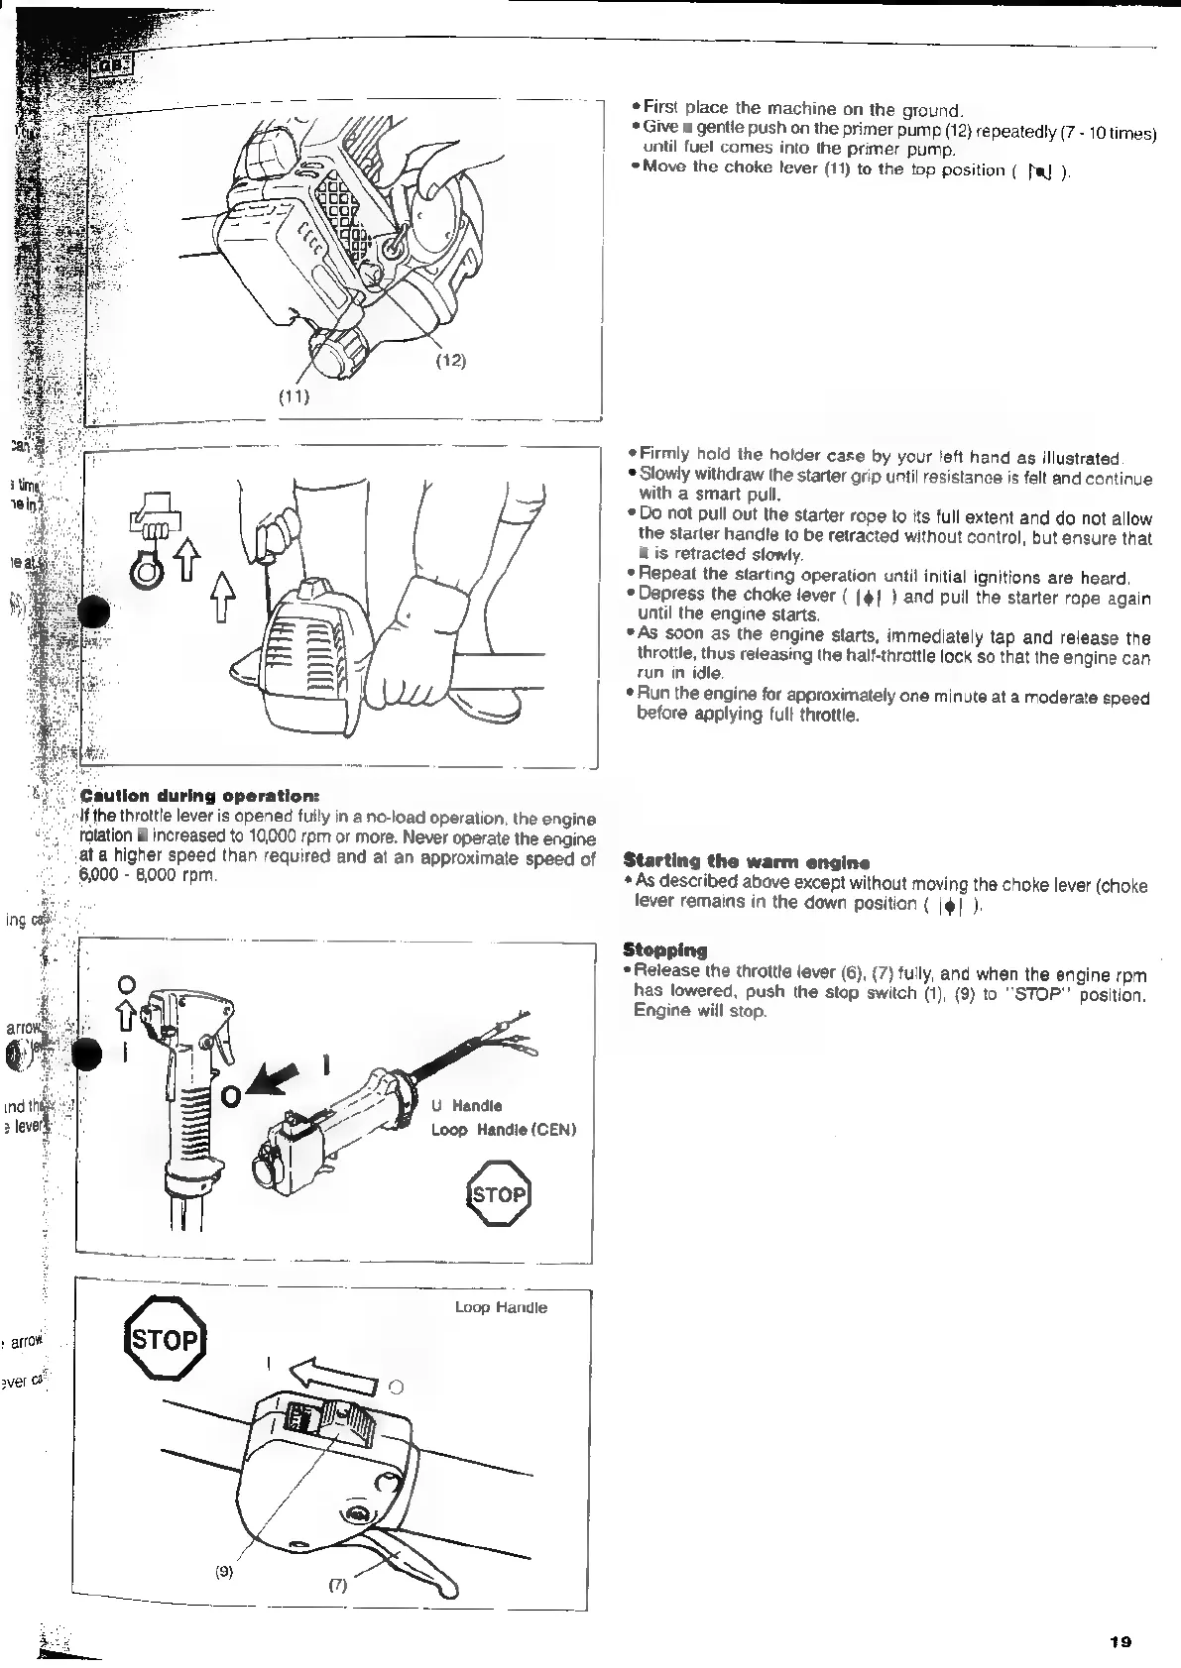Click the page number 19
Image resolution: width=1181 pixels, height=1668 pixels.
[1121, 1641]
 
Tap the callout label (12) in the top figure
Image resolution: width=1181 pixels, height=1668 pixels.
[451, 360]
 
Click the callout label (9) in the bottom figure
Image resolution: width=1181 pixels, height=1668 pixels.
[224, 1571]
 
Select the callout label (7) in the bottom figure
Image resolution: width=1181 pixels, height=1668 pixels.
[337, 1584]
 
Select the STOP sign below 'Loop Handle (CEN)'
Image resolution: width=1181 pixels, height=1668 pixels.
[499, 1194]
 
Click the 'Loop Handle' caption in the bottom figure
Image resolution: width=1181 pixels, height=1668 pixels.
[501, 1307]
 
